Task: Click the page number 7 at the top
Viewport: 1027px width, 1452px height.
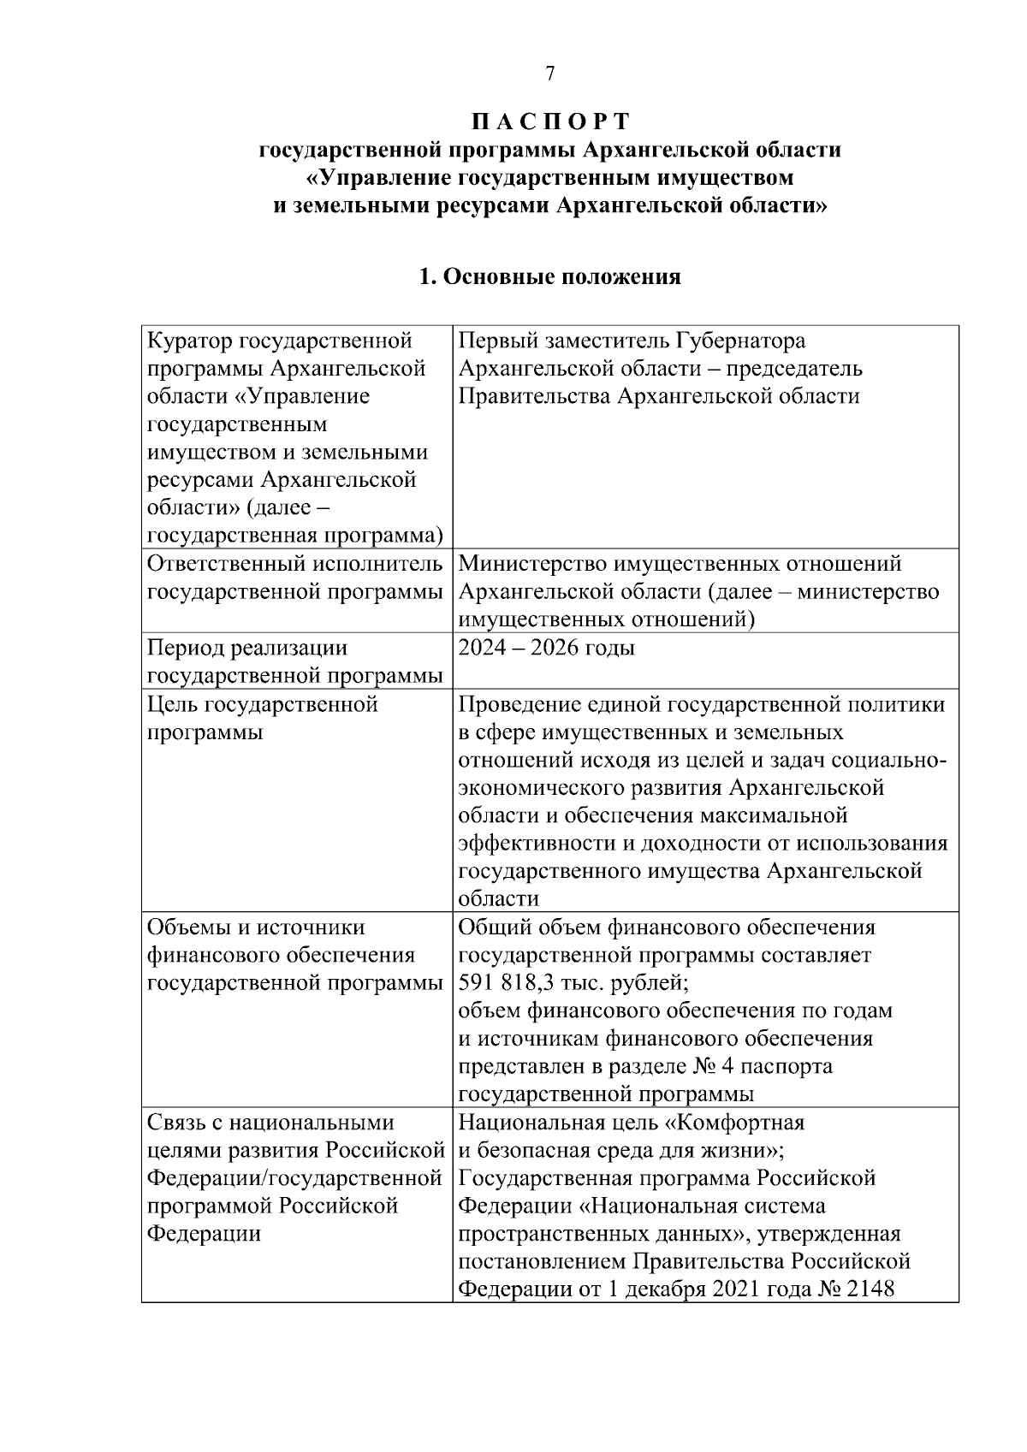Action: pos(550,74)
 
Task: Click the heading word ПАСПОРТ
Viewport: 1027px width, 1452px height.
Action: pos(550,121)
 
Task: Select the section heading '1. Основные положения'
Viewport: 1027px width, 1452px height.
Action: pos(550,277)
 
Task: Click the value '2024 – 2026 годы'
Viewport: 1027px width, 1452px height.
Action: pos(546,648)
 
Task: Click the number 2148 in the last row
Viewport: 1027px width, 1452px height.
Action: pos(870,1289)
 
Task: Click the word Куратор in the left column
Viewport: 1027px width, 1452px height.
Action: pos(190,341)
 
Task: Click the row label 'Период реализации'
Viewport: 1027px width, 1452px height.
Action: pos(247,648)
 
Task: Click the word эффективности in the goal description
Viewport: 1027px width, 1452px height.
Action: pos(537,844)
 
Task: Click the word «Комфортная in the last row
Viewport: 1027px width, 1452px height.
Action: pos(735,1122)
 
